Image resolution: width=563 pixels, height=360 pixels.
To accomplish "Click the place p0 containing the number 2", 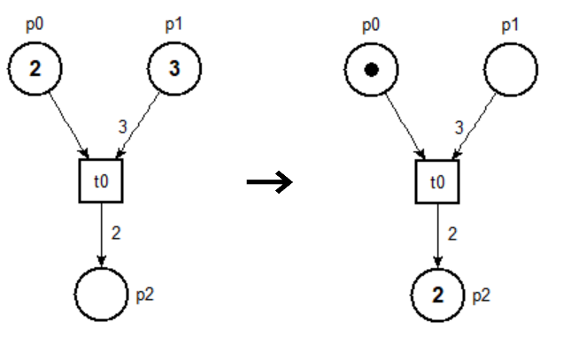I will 35,70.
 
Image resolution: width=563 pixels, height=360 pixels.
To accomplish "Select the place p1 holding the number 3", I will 174,70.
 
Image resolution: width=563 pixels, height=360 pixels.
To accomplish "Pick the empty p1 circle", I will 512,69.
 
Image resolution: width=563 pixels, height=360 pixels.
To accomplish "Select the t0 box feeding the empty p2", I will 102,183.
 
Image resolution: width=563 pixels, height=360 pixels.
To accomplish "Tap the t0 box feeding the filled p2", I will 439,183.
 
